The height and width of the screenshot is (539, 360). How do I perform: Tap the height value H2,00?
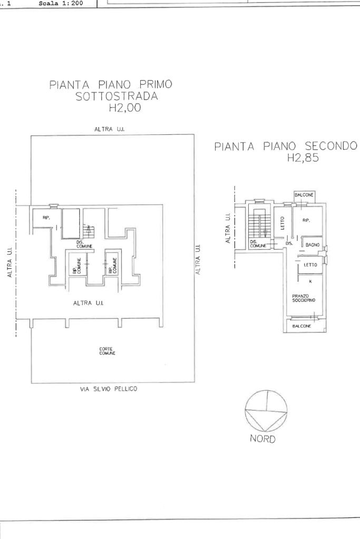coord(124,109)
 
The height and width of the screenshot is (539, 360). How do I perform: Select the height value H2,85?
coord(303,158)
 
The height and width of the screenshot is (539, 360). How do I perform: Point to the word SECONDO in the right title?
coord(327,146)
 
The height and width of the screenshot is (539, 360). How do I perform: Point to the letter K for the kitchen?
coord(310,281)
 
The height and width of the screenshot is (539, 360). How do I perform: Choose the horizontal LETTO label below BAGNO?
coord(310,265)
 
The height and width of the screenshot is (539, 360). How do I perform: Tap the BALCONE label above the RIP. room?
coord(304,195)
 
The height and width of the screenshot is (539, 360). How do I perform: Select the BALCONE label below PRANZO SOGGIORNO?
coord(301,326)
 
